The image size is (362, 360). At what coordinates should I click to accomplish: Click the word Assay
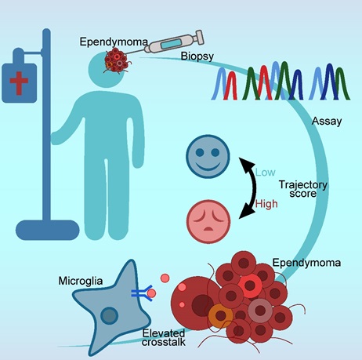(x=327, y=122)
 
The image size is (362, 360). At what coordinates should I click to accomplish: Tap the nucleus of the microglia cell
(x=109, y=315)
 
